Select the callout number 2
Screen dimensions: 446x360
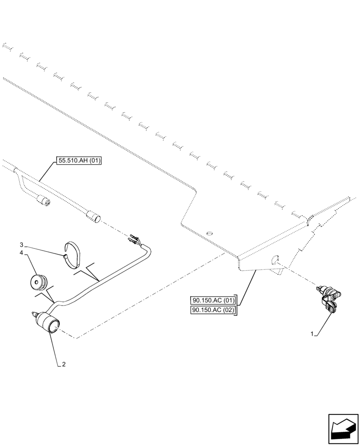tap(64, 364)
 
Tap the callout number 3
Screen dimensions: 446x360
tap(21, 245)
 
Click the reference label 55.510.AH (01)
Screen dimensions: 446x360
tap(79, 161)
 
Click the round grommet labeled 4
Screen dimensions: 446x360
tap(39, 281)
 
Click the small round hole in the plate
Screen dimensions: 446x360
tap(209, 233)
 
